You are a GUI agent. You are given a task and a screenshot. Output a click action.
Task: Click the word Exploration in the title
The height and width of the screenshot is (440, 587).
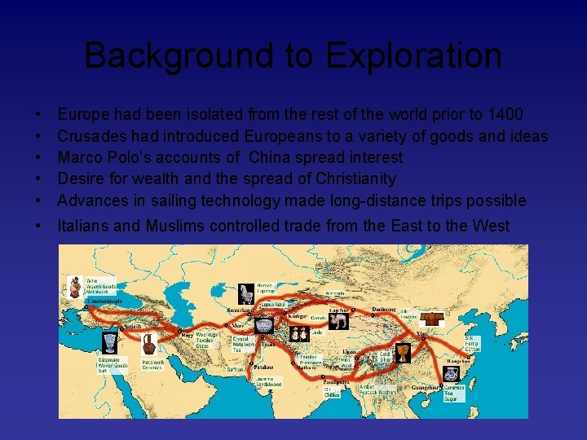[413, 56]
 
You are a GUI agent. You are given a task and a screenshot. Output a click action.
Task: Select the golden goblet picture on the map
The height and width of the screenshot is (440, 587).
[402, 354]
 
